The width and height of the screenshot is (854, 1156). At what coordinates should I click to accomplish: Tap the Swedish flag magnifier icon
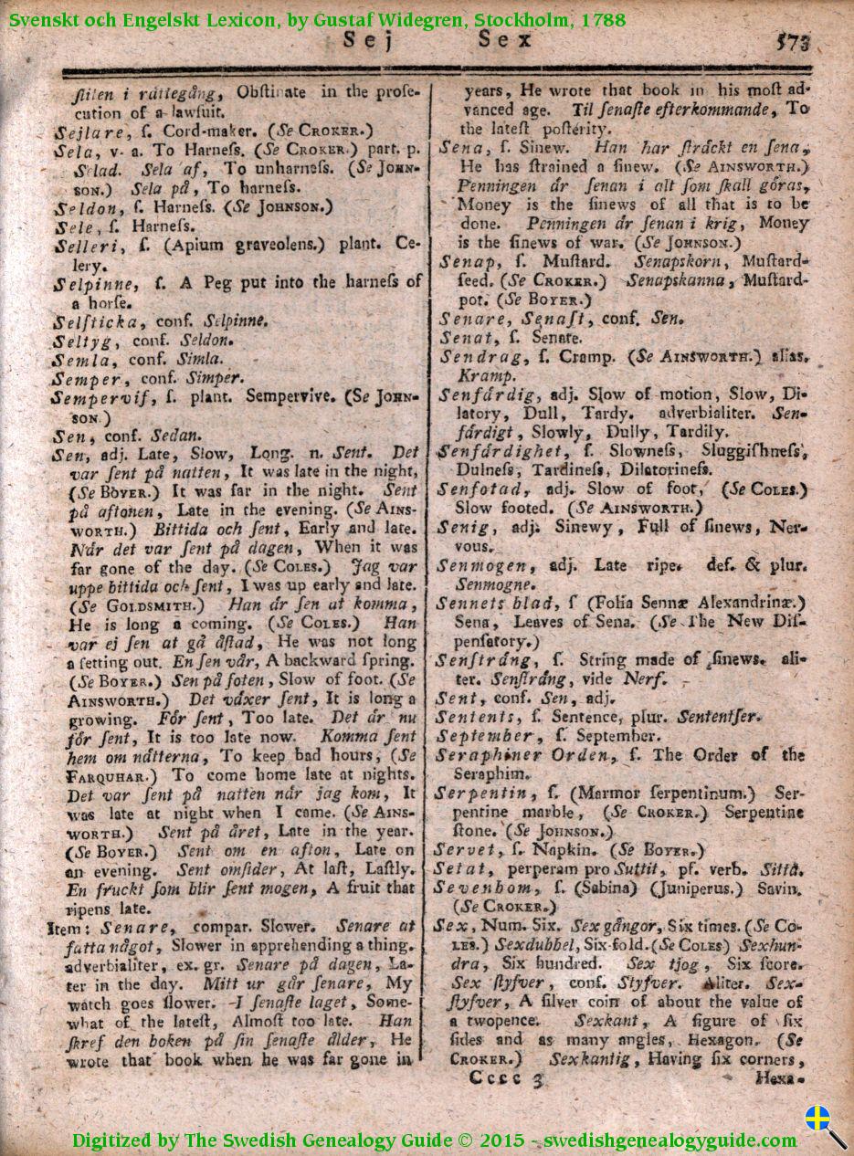point(825,1126)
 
